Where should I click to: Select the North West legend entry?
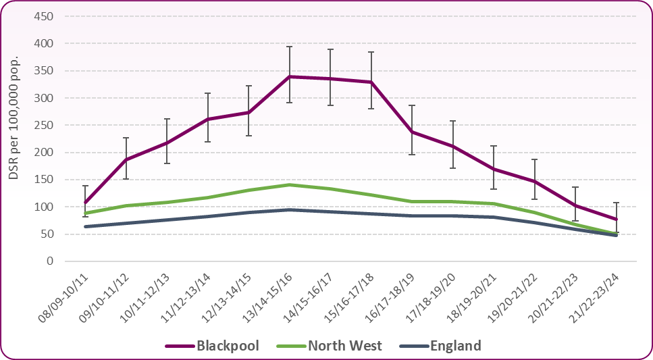(344, 346)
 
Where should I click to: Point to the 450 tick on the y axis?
(44, 16)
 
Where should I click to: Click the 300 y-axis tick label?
(44, 98)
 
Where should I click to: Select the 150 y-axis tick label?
(44, 180)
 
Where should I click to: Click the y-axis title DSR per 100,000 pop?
(14, 119)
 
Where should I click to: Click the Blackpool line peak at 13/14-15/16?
(290, 76)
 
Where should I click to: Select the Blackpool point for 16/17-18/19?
(412, 132)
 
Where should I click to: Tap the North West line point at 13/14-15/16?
(290, 184)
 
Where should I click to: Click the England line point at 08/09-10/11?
(85, 226)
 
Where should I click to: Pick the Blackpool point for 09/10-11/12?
(126, 159)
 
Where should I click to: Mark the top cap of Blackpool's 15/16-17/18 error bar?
(371, 52)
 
